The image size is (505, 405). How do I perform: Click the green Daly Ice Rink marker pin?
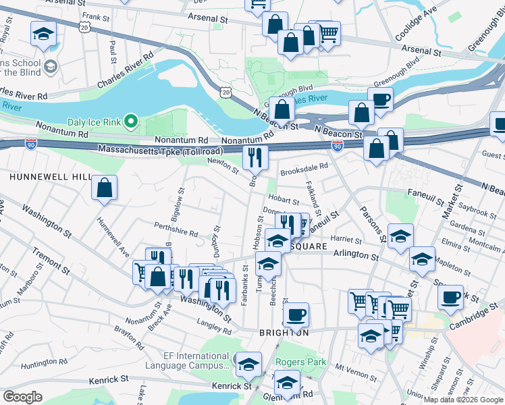133,122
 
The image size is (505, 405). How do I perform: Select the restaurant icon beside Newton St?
255,159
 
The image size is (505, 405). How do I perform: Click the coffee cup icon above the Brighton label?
296,315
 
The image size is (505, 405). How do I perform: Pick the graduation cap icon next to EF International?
248,364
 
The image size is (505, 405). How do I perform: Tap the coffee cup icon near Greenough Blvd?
380,99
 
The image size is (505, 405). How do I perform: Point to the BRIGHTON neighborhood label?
284,333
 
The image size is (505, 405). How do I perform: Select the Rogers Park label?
300,362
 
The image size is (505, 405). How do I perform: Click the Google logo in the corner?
23,397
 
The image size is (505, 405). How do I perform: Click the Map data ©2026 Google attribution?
462,400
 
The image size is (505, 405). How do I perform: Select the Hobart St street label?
284,200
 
